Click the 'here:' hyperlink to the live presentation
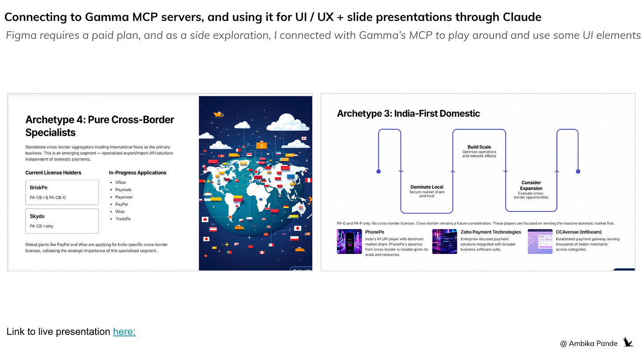point(124,332)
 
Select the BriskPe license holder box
point(62,192)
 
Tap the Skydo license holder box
point(62,221)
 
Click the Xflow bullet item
point(120,182)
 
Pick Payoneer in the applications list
point(123,197)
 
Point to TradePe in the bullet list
point(123,219)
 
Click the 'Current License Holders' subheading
point(53,173)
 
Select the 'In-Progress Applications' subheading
point(138,173)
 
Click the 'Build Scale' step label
point(479,147)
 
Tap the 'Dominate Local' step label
point(426,187)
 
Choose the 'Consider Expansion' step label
point(531,185)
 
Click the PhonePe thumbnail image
point(349,241)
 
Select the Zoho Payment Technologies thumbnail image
point(444,241)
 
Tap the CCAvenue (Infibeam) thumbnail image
point(540,241)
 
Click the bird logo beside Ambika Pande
point(628,342)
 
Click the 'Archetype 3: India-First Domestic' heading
point(408,114)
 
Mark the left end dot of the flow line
point(378,171)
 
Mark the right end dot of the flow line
point(578,171)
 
